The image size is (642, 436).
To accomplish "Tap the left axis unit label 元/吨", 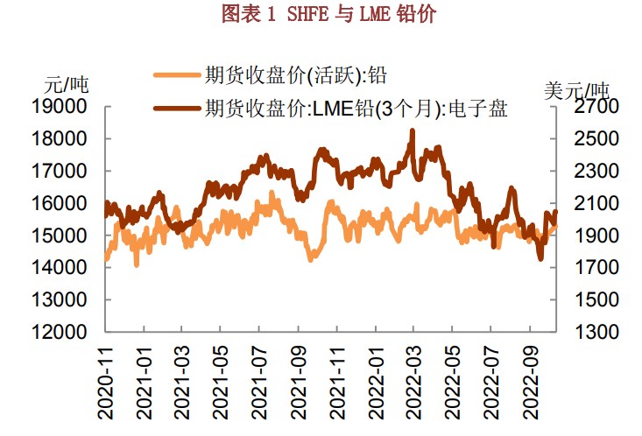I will pos(67,86).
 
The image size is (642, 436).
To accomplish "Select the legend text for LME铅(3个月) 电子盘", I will pos(356,109).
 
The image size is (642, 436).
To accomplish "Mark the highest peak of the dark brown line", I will pos(412,130).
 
